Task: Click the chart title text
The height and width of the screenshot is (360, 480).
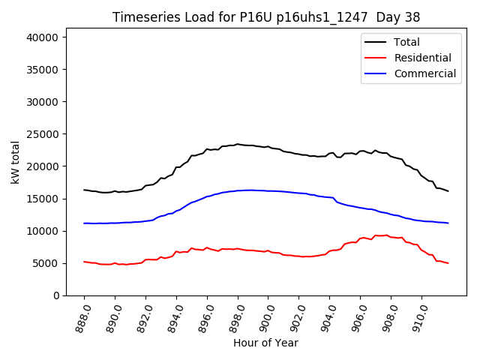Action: coord(265,17)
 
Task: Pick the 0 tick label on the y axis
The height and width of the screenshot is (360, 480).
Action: coord(56,295)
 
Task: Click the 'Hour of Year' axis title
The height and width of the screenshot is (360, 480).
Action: coord(265,343)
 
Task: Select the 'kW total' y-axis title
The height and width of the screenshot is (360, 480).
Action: coord(15,163)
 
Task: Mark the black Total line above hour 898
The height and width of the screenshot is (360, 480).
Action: coord(238,144)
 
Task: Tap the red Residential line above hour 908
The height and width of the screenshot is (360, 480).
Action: coord(391,236)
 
